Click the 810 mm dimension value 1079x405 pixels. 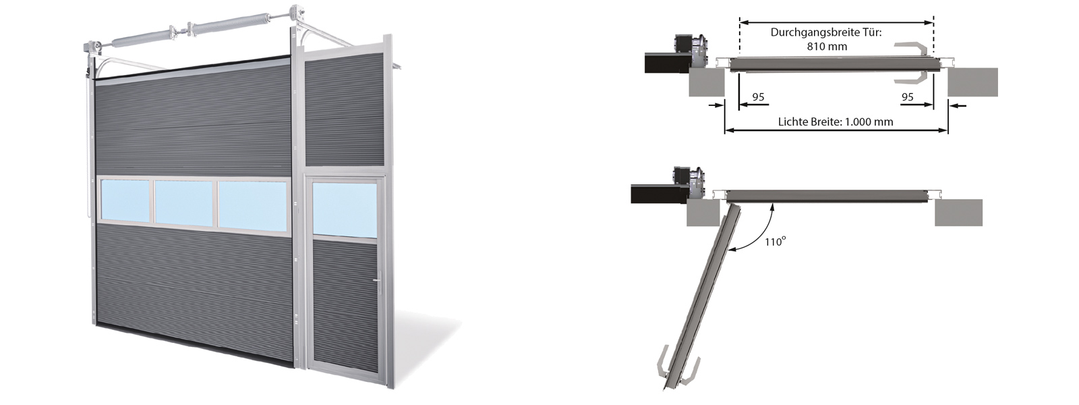[x=827, y=47]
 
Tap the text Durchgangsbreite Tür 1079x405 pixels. [x=826, y=32]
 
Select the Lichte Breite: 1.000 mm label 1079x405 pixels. [x=836, y=122]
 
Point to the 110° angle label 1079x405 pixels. [x=775, y=241]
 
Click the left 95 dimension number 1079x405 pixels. [x=758, y=97]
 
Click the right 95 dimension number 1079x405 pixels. [x=908, y=97]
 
